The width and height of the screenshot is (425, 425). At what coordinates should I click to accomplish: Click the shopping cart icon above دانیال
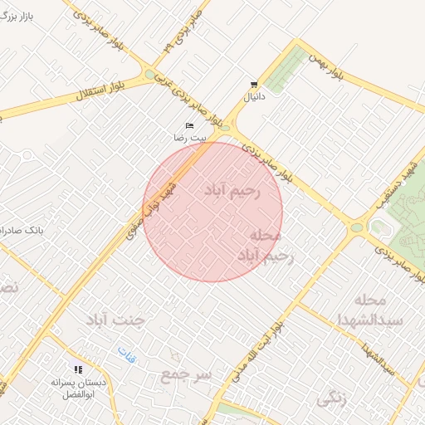click(253, 85)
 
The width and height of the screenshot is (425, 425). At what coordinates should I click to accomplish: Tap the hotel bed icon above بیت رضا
click(189, 125)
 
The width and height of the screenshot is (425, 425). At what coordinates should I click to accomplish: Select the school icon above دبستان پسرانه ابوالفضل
click(78, 369)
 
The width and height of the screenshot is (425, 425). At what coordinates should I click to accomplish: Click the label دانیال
click(252, 97)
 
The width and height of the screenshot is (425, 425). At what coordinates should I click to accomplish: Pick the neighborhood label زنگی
click(331, 398)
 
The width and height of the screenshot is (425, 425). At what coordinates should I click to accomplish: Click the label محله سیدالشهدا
click(359, 309)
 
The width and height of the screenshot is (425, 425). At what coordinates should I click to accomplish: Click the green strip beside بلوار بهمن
click(286, 68)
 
